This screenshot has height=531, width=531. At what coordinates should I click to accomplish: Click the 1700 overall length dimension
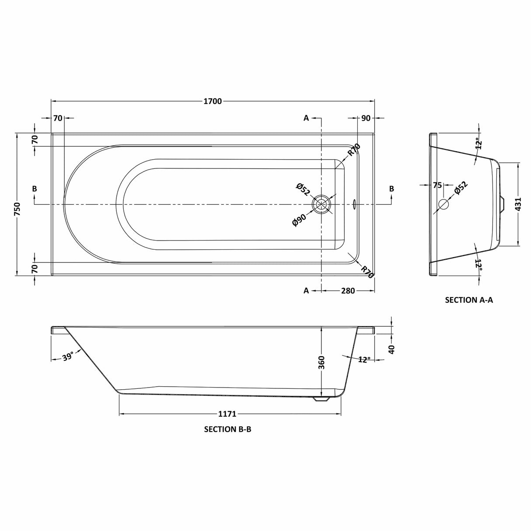point(213,101)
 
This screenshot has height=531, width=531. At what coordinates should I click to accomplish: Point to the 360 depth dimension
point(321,363)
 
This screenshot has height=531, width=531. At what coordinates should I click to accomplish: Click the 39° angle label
point(67,357)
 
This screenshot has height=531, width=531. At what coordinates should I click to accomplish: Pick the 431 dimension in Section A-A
point(519,205)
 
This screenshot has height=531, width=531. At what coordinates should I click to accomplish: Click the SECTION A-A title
point(469,300)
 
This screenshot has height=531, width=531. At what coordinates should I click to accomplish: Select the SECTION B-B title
point(227,429)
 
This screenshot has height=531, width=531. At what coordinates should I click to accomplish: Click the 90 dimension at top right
point(366,118)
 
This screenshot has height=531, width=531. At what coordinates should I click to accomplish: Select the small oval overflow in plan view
point(354,204)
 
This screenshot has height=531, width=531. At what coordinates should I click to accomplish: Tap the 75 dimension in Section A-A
point(437,185)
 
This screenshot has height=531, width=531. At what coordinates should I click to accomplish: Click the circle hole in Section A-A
point(443,204)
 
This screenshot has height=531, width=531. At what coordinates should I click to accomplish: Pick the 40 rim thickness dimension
point(391,349)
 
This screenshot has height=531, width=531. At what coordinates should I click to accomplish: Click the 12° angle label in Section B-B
point(364,359)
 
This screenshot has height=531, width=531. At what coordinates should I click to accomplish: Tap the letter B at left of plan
point(34,189)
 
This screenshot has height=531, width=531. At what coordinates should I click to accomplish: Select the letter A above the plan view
point(306,118)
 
